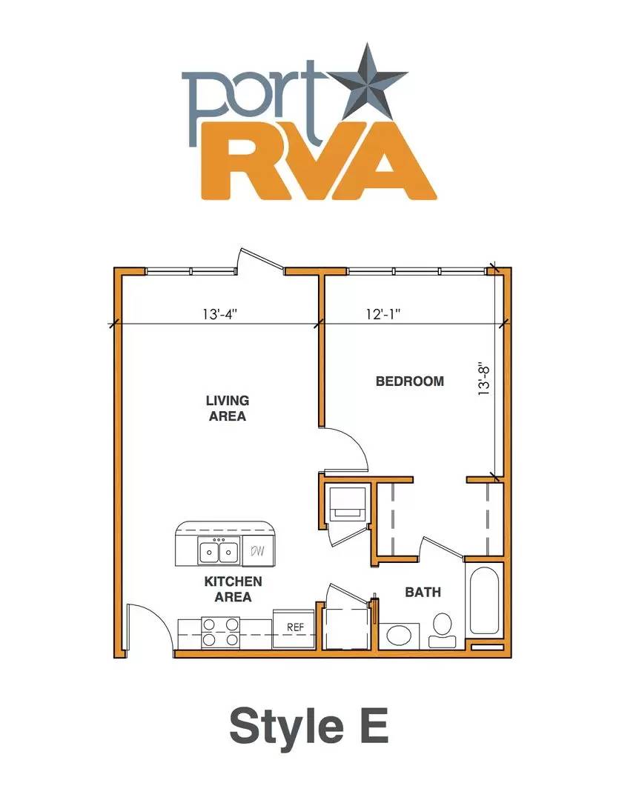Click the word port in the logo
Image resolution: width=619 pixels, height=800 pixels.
click(254, 104)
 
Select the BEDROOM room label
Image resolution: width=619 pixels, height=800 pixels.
click(410, 381)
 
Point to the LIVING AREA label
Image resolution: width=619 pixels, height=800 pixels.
click(228, 408)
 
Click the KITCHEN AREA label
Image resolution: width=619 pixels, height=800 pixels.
click(233, 589)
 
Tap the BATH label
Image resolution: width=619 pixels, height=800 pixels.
click(423, 592)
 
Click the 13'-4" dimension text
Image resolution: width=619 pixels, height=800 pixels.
click(220, 314)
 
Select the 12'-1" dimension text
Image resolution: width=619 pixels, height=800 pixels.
click(383, 314)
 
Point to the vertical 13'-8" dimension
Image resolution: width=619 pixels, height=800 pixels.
click(483, 379)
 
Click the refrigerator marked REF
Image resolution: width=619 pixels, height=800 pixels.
click(293, 628)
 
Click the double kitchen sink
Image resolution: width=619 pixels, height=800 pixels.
click(219, 551)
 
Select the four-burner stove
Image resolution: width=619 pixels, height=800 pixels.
click(221, 632)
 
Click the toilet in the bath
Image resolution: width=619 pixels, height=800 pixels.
click(443, 630)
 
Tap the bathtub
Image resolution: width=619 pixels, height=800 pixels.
click(483, 600)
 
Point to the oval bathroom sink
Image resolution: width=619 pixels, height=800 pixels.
click(399, 636)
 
